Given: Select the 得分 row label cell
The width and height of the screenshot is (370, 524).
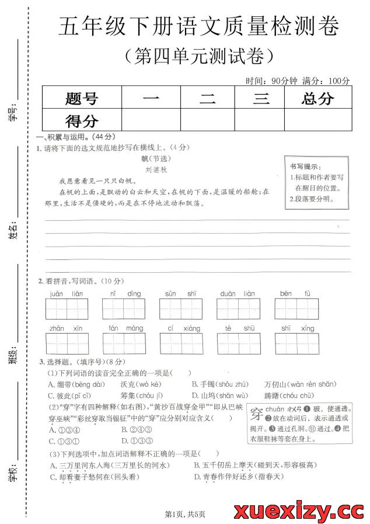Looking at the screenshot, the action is tap(82, 121).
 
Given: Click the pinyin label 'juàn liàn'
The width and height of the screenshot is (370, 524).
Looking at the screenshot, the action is tap(66, 293).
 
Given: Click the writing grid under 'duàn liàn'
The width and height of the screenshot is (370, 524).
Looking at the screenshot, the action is tap(238, 308).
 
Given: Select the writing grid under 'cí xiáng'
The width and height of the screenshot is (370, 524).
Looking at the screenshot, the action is tap(181, 343).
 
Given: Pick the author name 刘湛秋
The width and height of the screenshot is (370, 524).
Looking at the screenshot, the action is tap(156, 169).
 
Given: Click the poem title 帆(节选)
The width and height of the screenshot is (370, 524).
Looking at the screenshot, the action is tap(157, 158).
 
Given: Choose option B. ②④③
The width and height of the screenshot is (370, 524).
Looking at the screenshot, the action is tap(132, 429).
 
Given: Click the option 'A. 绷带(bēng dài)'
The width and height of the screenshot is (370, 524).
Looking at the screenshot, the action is tap(76, 384).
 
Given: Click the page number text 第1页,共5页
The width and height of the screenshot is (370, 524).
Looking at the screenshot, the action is tap(185, 514).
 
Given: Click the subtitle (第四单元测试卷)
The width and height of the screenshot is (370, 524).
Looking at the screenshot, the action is tap(198, 56).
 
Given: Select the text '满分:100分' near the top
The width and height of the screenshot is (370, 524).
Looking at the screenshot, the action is tap(327, 81).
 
